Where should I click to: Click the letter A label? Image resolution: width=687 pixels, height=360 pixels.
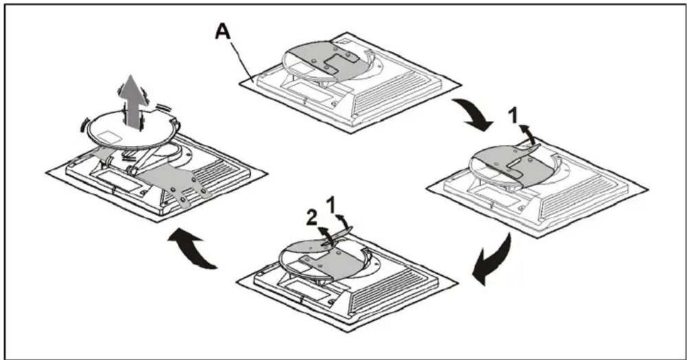coord(223,32)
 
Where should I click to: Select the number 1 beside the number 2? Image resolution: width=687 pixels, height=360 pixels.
coord(331,205)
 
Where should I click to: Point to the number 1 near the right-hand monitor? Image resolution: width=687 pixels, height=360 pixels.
coord(513,116)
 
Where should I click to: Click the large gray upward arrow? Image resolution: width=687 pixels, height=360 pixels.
coord(133,101)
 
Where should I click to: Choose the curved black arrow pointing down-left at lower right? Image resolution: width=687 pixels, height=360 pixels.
coord(492,260)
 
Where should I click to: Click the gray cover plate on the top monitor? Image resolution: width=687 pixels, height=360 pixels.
coord(333,60)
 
